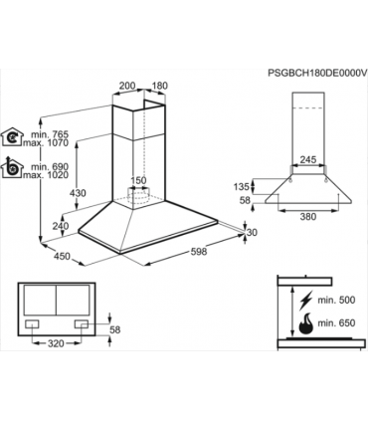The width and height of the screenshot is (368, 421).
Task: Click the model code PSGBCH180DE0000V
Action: pos(317,74)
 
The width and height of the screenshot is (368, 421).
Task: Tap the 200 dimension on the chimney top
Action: pos(127,86)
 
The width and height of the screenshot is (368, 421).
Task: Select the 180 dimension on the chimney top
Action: pos(159,86)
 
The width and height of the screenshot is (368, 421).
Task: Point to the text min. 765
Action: pos(50,134)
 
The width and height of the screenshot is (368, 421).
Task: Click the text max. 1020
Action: pos(46,175)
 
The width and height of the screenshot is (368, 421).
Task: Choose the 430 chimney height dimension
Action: pos(78,193)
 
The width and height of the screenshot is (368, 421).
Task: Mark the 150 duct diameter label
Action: pos(137,181)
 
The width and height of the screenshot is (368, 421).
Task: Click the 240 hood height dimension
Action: pos(61,226)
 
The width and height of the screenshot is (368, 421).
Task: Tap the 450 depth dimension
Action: pos(62,256)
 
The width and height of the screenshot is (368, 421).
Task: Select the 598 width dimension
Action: pos(199,251)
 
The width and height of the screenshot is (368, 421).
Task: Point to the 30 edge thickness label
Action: pos(253,233)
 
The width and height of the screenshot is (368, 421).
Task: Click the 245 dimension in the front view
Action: pos(308,159)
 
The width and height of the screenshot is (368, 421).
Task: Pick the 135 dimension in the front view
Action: pos(241,187)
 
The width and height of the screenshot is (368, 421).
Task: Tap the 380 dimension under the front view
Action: pos(308,217)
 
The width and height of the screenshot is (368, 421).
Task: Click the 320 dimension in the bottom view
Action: pos(56,343)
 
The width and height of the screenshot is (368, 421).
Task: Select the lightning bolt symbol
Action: pos(304,301)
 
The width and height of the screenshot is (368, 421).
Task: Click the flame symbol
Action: pos(305,323)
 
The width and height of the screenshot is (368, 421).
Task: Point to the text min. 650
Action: pos(336,322)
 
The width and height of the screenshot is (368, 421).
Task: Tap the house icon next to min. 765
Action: pos(12,136)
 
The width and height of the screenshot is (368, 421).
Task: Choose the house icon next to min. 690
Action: pos(12,167)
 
